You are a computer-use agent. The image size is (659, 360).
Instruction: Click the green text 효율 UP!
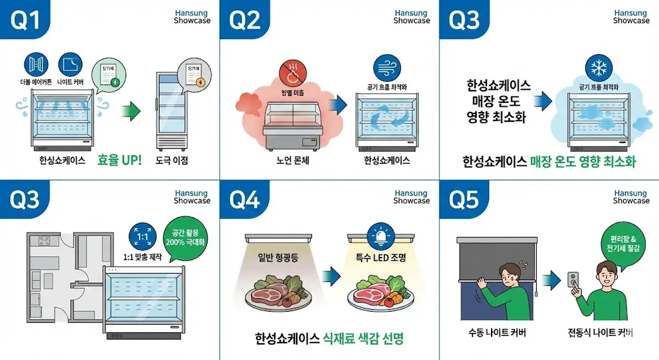119,160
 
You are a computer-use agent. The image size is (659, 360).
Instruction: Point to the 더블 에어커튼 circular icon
36,64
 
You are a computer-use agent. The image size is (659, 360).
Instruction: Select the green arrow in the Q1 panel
131,110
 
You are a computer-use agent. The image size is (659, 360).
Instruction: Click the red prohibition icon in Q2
293,75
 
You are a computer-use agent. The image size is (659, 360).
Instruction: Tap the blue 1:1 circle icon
142,236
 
